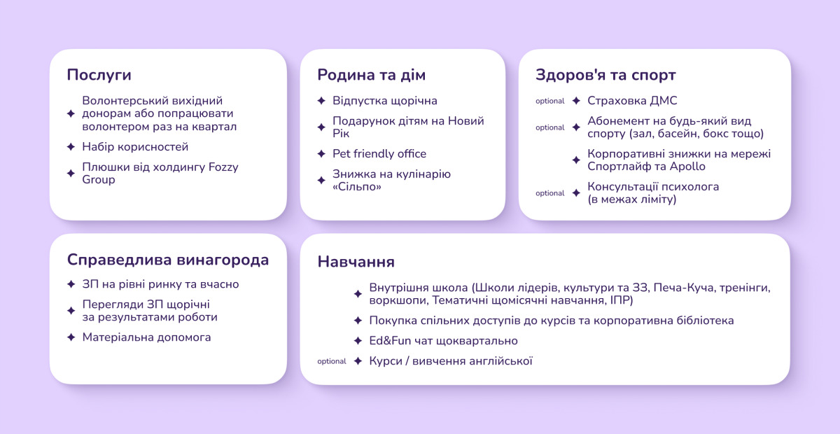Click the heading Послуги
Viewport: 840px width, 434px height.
pos(99,75)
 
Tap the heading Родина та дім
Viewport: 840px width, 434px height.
pos(371,75)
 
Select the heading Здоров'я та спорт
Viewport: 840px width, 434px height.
pos(605,75)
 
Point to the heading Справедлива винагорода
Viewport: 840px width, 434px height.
pos(168,260)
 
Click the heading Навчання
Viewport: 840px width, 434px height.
pos(356,262)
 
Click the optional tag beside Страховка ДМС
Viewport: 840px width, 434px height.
pos(550,101)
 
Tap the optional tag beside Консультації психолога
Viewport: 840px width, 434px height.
pos(550,193)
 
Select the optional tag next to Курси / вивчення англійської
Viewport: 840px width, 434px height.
pos(332,362)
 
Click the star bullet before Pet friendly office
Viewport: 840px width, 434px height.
pos(321,154)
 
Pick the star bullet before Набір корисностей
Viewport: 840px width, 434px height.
pos(71,147)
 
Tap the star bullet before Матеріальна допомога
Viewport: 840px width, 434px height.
pos(71,337)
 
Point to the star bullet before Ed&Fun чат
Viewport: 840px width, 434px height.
pos(358,341)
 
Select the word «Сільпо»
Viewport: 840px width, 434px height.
pos(357,187)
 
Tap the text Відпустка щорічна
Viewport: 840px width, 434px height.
pos(384,101)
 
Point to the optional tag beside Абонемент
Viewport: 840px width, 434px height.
pos(550,128)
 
